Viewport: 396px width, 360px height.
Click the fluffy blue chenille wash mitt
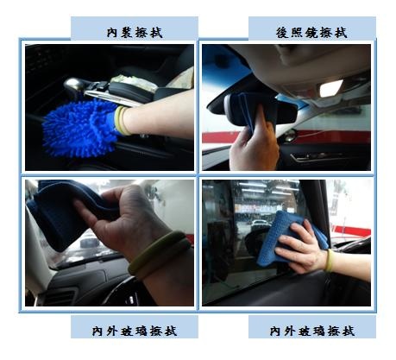(79, 128)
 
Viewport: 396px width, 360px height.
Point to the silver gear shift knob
(73, 85)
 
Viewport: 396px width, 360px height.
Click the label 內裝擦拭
(135, 33)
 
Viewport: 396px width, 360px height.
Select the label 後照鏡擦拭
(311, 33)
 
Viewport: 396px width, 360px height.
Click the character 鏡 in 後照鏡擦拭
(311, 33)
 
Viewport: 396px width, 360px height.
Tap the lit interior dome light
(330, 88)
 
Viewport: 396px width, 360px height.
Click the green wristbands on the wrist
(159, 255)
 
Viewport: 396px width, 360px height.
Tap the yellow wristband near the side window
(330, 261)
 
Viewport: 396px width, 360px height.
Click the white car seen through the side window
(260, 224)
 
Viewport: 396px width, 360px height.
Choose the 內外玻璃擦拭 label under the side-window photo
(311, 331)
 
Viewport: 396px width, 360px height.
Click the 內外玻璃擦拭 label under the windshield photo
(135, 331)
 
